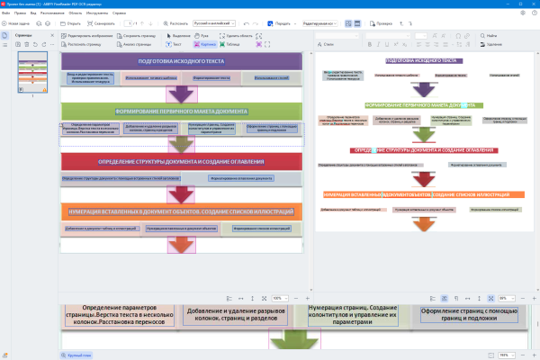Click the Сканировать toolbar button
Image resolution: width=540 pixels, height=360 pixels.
click(104, 24)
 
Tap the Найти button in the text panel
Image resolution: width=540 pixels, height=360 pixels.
click(490, 35)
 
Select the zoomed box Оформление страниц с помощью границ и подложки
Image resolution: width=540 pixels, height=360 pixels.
click(468, 315)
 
